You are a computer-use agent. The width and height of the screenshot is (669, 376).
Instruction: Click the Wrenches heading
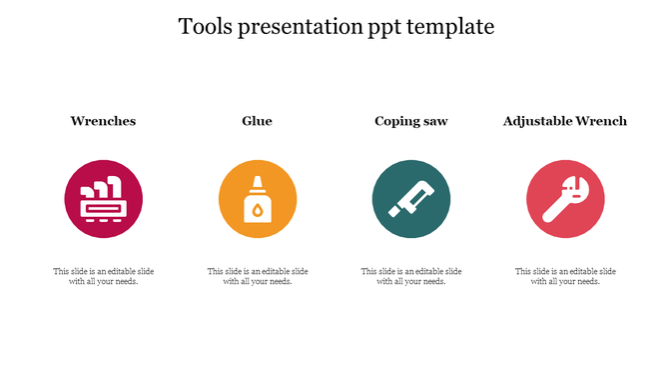[103, 121]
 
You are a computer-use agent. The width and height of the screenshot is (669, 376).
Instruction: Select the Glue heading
[257, 121]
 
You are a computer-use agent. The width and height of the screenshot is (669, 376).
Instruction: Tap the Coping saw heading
[410, 121]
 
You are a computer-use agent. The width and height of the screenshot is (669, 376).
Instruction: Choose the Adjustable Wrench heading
[565, 121]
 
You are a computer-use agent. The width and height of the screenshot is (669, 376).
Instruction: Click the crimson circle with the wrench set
[104, 199]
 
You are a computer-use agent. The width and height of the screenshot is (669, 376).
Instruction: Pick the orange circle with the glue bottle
[258, 199]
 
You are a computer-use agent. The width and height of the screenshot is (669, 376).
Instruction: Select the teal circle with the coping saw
[411, 199]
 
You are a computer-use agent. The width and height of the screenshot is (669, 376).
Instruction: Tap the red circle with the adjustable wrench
[565, 199]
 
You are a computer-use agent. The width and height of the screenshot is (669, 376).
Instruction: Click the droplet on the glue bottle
[258, 210]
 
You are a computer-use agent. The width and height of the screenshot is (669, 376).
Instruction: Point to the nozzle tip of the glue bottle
[258, 179]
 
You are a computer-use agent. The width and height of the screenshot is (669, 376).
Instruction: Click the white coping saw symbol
[411, 199]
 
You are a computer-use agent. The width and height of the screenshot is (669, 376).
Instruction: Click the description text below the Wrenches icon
[103, 276]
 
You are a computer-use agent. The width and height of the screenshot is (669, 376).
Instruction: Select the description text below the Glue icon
[257, 276]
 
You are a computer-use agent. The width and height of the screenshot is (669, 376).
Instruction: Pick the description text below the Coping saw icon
[410, 276]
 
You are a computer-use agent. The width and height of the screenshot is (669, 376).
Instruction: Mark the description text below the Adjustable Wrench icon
[565, 276]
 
